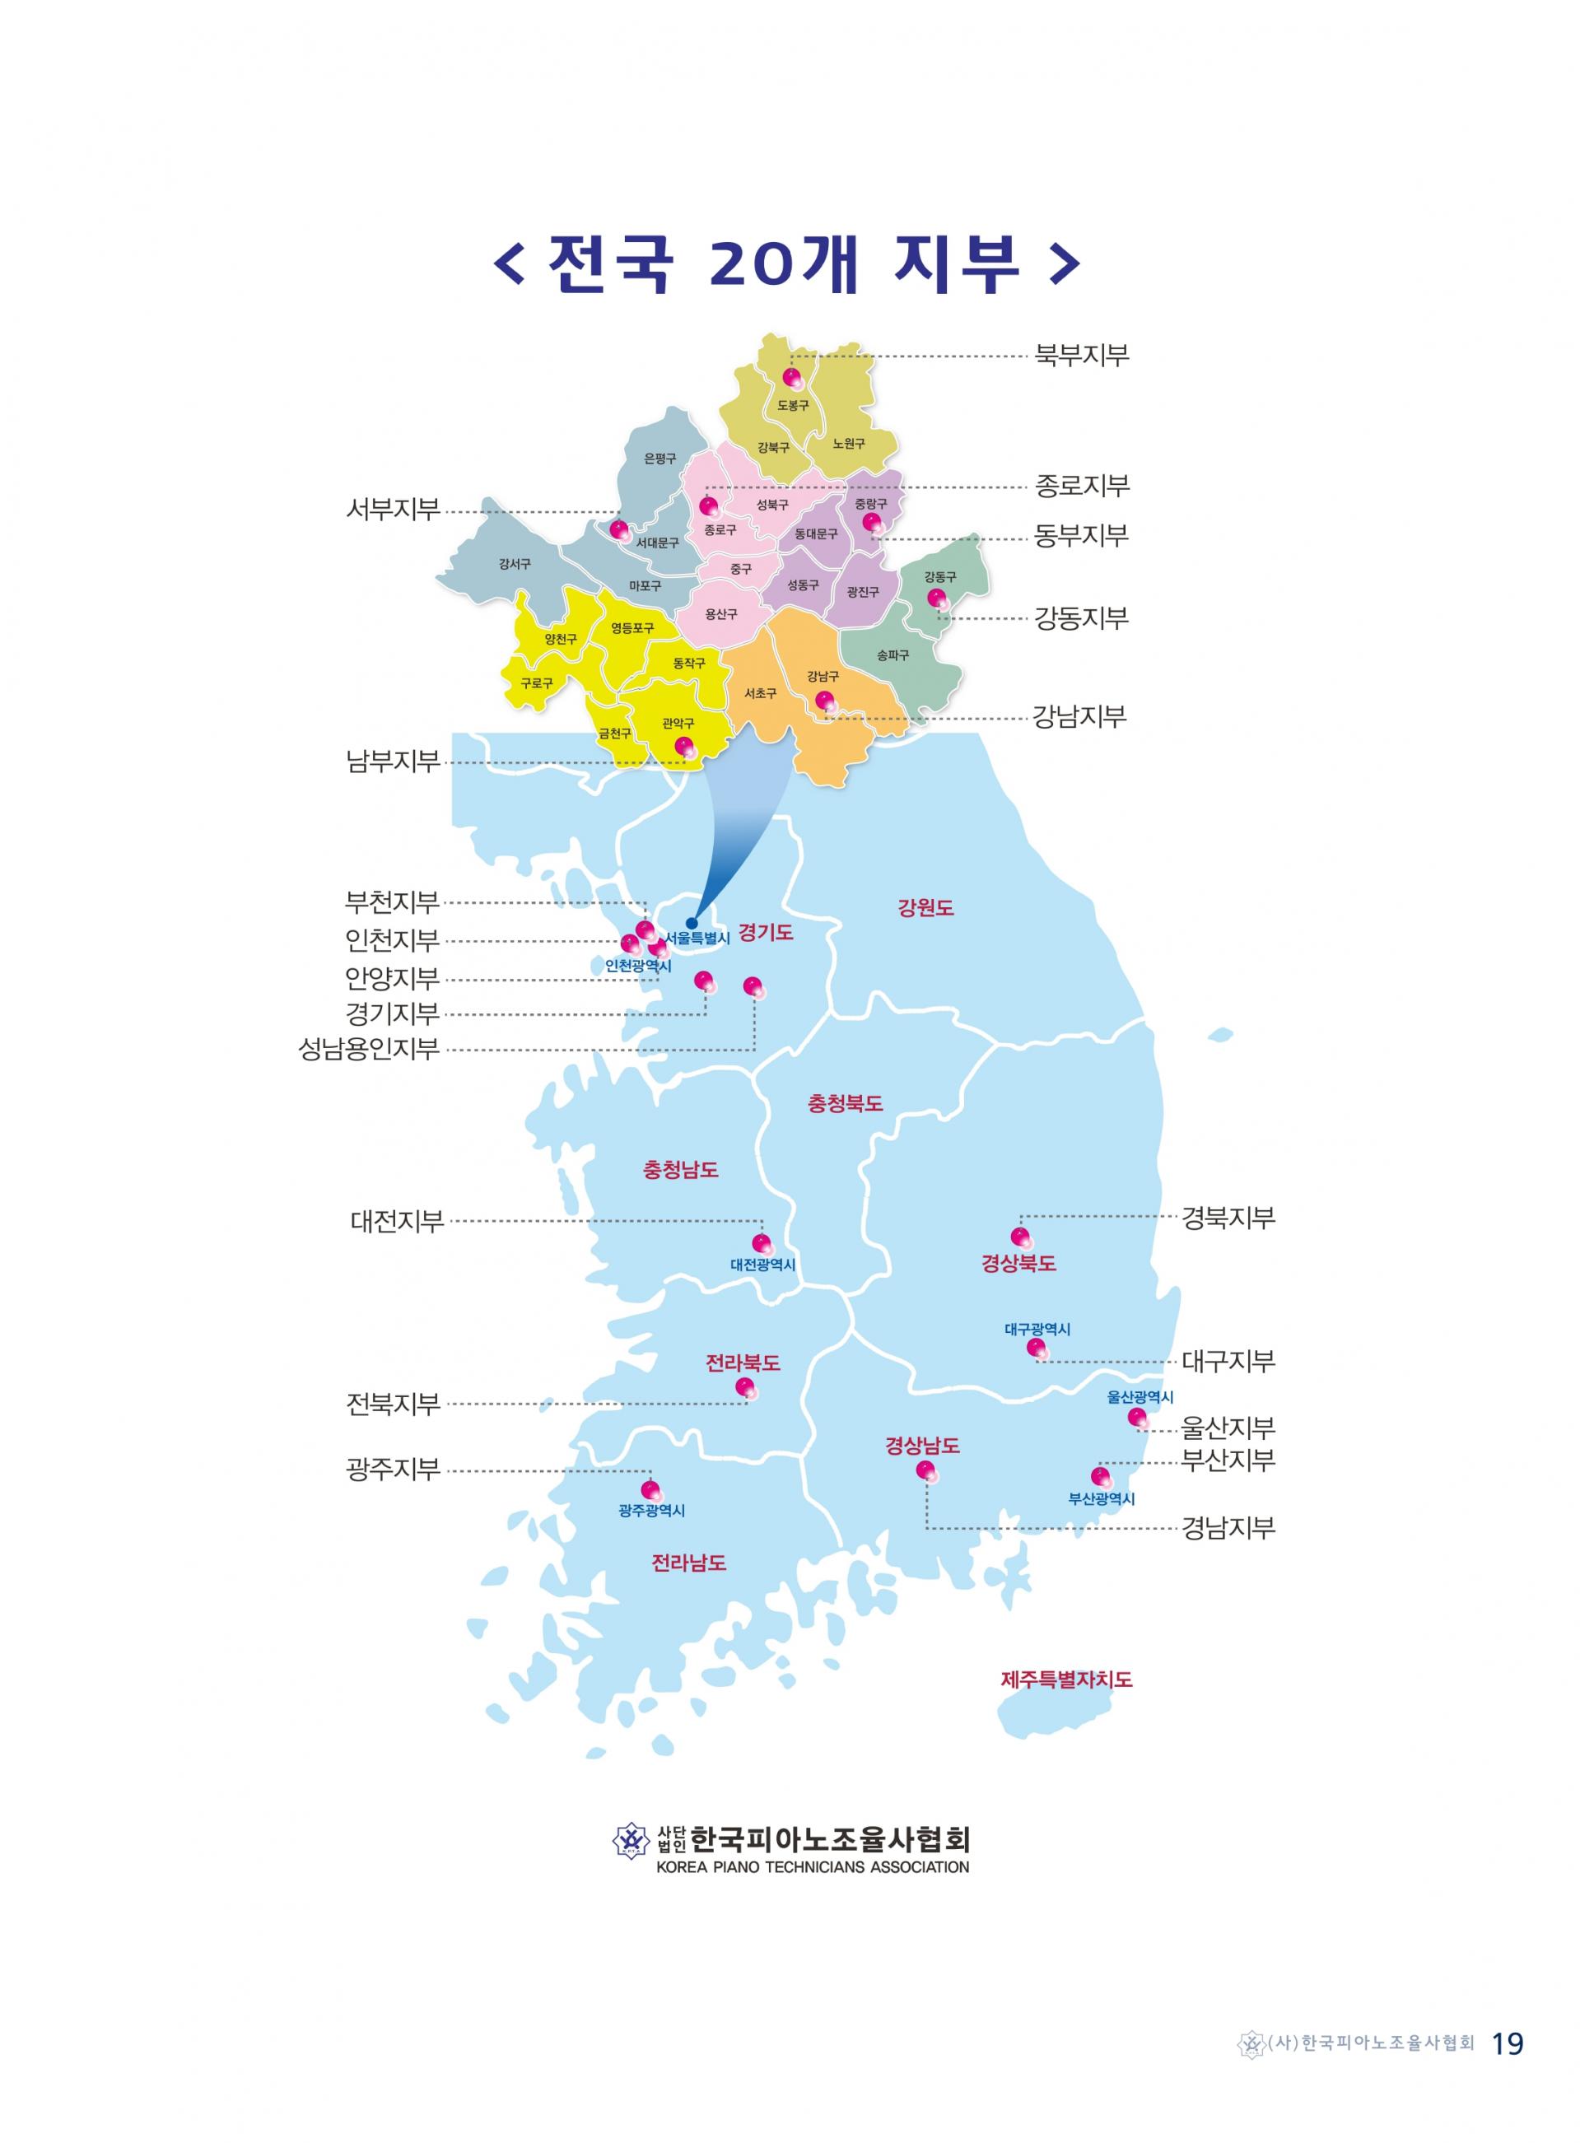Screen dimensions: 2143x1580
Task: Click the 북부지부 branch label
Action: tap(1082, 356)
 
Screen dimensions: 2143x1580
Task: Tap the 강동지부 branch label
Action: tap(1082, 619)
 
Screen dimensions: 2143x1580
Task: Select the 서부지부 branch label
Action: tap(393, 509)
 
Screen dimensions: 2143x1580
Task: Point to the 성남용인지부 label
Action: tap(368, 1049)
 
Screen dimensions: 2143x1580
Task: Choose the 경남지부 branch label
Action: tap(1228, 1527)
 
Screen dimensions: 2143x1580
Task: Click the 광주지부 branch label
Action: tap(393, 1469)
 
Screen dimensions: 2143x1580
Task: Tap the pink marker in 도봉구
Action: tap(791, 377)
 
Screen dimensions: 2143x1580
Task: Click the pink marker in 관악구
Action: tap(683, 746)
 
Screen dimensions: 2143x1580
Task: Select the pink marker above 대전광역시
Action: tap(762, 1243)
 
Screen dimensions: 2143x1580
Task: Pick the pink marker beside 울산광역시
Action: tap(1136, 1416)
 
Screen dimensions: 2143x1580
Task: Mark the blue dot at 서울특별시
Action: tap(692, 923)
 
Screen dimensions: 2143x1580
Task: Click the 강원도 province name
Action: tap(925, 907)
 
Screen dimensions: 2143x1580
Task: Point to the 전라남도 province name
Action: tap(688, 1563)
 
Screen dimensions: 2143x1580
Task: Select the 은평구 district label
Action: tap(660, 459)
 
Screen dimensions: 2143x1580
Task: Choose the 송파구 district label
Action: tap(893, 655)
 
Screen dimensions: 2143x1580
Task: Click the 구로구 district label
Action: tap(537, 683)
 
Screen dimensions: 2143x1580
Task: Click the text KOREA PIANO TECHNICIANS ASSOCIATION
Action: tap(812, 1866)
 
